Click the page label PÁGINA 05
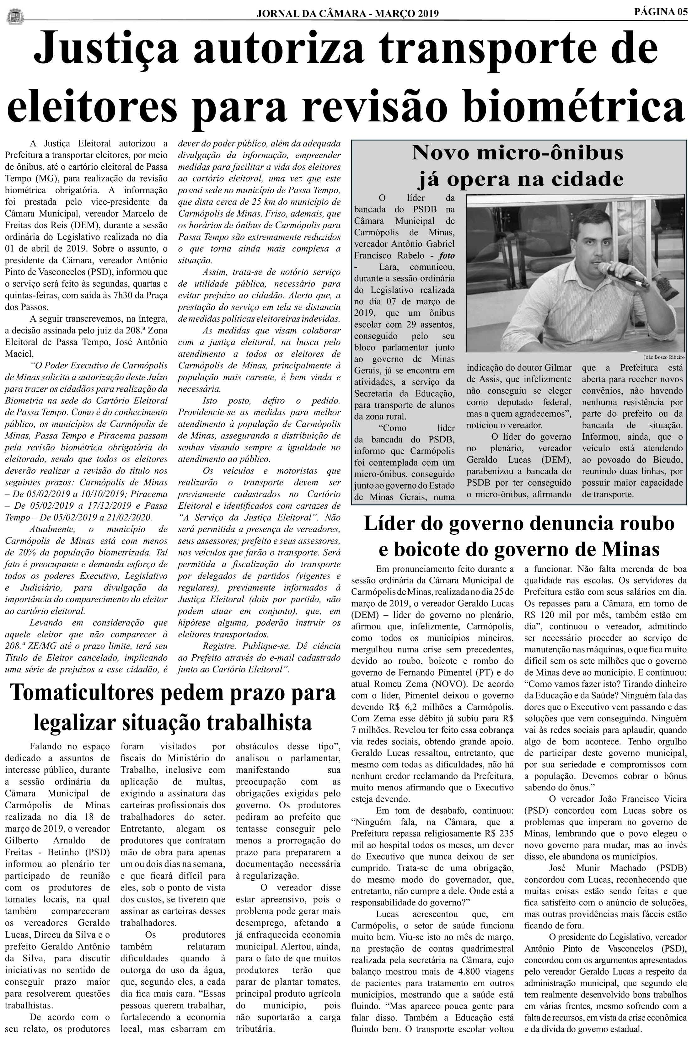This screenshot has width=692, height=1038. [661, 12]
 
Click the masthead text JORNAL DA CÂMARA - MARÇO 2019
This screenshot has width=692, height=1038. [347, 14]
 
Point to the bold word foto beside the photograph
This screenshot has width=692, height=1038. [446, 255]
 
